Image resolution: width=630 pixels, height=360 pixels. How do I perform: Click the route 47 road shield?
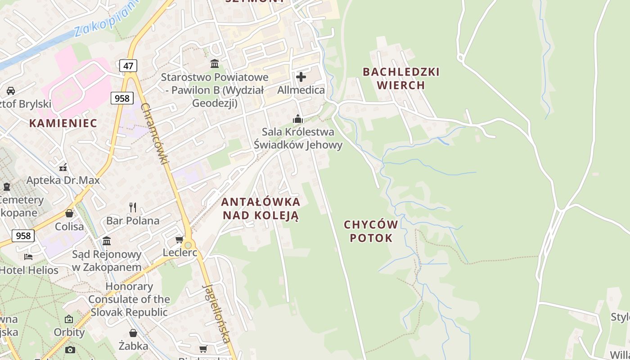[128, 66]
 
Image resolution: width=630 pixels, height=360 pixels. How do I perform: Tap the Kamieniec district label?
[63, 123]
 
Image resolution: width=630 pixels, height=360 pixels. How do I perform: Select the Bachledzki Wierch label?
[401, 78]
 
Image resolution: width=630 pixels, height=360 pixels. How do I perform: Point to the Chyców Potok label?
[371, 231]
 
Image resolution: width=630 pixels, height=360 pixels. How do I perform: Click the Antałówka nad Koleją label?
[261, 208]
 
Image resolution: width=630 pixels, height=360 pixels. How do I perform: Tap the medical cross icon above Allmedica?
[301, 77]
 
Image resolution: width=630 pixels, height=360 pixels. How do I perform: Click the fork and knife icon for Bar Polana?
[132, 207]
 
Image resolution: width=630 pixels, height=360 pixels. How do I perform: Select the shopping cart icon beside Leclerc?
[180, 239]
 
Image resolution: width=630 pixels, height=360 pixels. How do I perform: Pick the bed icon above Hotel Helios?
[28, 257]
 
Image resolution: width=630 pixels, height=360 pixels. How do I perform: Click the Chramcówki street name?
[154, 134]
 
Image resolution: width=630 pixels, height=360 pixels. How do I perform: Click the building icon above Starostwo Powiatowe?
[215, 63]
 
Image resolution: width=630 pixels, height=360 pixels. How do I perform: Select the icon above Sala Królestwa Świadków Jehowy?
[297, 119]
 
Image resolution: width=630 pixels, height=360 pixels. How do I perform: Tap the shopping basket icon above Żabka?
[133, 333]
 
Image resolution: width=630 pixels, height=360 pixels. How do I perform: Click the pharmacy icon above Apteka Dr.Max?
[63, 167]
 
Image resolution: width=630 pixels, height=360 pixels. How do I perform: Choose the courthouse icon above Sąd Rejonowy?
[107, 241]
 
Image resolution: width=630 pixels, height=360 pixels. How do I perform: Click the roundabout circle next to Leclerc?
[188, 245]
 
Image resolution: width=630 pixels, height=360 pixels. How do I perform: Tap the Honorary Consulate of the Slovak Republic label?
[129, 299]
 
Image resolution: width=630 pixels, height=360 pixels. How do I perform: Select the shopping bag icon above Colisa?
[69, 213]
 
